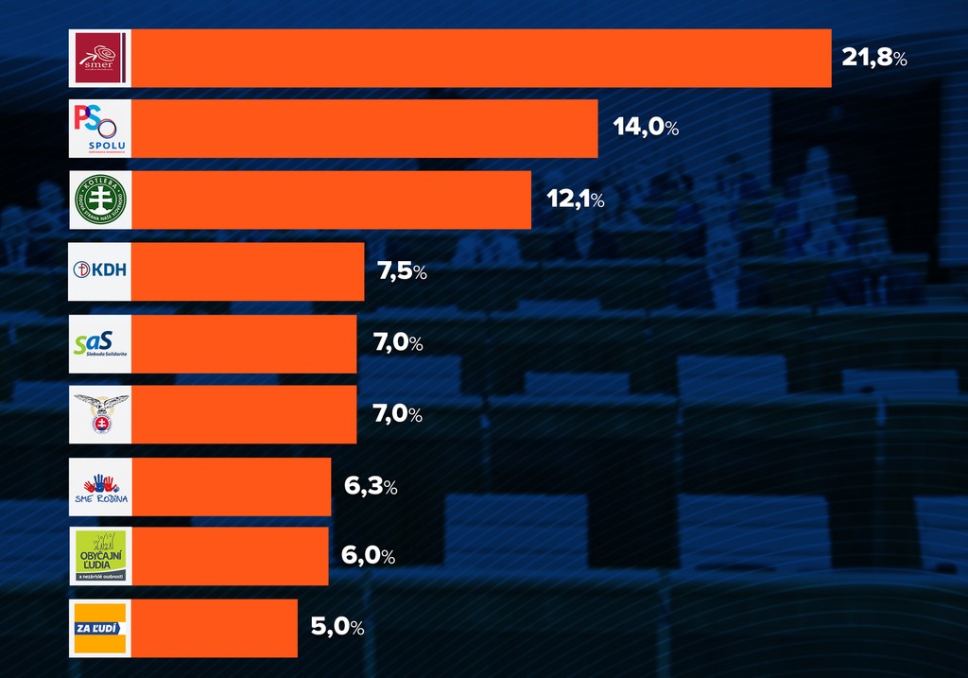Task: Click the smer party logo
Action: [99, 58]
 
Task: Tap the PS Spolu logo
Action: [99, 129]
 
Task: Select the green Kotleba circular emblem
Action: [99, 200]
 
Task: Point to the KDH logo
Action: [99, 270]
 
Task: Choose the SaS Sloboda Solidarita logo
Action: [99, 343]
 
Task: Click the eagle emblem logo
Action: [99, 414]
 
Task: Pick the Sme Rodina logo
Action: [99, 486]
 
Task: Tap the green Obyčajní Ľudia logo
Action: [99, 556]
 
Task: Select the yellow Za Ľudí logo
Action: [99, 628]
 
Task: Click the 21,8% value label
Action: [874, 59]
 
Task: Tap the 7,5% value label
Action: [403, 272]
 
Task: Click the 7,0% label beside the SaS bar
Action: [398, 343]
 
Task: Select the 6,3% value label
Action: [371, 487]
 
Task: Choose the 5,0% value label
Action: [337, 627]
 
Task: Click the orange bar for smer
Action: [480, 58]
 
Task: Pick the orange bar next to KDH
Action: [247, 271]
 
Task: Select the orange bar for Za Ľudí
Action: [214, 628]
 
